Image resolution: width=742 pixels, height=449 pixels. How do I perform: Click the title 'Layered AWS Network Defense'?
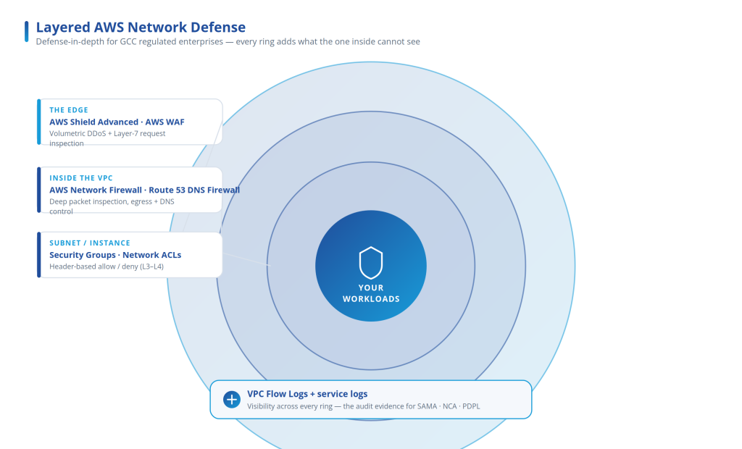[141, 28]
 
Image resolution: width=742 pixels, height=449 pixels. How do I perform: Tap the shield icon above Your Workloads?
[371, 263]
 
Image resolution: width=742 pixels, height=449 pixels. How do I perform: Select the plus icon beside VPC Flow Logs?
[232, 399]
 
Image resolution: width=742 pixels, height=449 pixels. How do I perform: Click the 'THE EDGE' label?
[69, 110]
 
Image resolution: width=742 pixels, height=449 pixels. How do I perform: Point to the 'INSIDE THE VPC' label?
[81, 178]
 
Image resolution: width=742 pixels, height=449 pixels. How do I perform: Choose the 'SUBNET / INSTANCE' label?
[89, 243]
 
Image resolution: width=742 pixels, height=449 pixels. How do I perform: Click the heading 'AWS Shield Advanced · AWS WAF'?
[117, 122]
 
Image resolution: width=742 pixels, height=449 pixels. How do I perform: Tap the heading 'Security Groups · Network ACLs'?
[115, 255]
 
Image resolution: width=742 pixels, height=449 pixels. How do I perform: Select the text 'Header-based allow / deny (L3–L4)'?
[107, 267]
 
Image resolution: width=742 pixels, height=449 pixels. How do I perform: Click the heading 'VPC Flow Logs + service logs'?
[307, 394]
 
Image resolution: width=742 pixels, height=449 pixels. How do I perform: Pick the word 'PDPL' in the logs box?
[471, 406]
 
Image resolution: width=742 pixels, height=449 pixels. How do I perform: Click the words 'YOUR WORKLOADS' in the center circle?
[371, 293]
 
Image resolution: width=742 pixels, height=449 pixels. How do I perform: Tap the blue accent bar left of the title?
[27, 31]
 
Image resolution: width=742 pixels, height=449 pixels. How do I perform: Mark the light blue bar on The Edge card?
[39, 122]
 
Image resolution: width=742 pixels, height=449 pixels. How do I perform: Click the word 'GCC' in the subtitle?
[128, 41]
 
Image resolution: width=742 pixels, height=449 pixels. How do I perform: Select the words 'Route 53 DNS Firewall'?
[194, 190]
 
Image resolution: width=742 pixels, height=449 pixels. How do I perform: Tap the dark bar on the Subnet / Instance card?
[39, 254]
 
